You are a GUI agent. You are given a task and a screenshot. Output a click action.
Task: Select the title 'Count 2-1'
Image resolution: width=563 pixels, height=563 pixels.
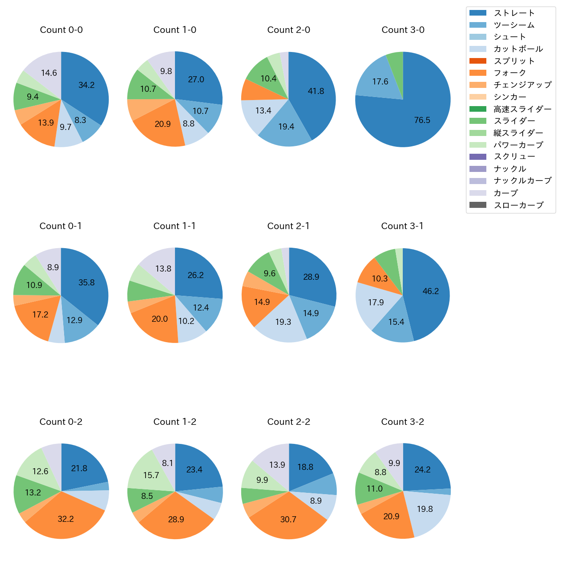[288, 226]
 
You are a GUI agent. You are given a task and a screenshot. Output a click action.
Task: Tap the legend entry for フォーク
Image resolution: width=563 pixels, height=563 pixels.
[510, 73]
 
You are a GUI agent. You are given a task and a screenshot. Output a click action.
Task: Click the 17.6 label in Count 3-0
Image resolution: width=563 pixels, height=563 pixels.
[380, 81]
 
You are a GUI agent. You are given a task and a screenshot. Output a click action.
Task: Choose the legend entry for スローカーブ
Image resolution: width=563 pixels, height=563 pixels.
[518, 205]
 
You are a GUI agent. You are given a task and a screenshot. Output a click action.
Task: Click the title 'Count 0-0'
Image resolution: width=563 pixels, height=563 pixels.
[61, 30]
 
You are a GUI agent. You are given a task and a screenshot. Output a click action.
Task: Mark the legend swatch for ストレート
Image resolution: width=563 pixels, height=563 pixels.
[478, 13]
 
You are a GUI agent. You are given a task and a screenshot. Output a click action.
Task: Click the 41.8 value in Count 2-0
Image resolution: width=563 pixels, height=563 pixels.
[316, 91]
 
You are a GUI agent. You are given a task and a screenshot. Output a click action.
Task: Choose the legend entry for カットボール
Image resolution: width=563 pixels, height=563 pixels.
[518, 49]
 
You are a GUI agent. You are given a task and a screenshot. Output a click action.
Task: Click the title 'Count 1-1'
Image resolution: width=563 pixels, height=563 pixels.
[175, 226]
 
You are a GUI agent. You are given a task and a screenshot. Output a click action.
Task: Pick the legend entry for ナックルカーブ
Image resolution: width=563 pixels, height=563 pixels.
[522, 181]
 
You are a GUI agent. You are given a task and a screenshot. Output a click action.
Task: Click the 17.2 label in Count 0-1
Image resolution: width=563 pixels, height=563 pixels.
[40, 314]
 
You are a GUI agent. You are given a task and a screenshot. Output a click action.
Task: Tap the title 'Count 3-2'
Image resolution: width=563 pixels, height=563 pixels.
[402, 422]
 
